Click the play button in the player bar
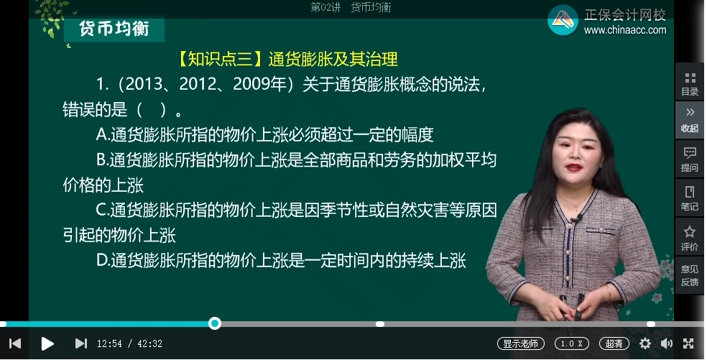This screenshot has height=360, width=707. pyautogui.click(x=47, y=343)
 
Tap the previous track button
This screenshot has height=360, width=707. pyautogui.click(x=14, y=343)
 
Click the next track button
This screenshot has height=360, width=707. pyautogui.click(x=80, y=343)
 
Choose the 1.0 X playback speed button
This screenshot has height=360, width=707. pyautogui.click(x=571, y=343)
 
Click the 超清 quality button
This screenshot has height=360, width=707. pyautogui.click(x=614, y=343)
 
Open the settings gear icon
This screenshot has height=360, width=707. pyautogui.click(x=645, y=343)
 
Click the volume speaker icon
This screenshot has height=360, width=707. pyautogui.click(x=666, y=343)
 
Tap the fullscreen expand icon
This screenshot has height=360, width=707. pyautogui.click(x=688, y=343)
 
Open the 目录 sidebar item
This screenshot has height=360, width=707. pyautogui.click(x=690, y=83)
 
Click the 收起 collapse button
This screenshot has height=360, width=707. pyautogui.click(x=690, y=119)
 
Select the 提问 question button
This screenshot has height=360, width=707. pyautogui.click(x=690, y=159)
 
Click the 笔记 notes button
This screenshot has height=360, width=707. pyautogui.click(x=690, y=198)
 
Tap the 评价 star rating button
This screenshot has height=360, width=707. pyautogui.click(x=690, y=237)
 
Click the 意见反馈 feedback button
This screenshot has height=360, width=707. pyautogui.click(x=690, y=275)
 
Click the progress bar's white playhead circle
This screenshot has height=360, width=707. pyautogui.click(x=214, y=323)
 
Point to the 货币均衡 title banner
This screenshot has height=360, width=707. pyautogui.click(x=114, y=29)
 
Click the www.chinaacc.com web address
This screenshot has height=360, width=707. pyautogui.click(x=624, y=30)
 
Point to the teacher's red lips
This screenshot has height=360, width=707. pyautogui.click(x=574, y=167)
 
